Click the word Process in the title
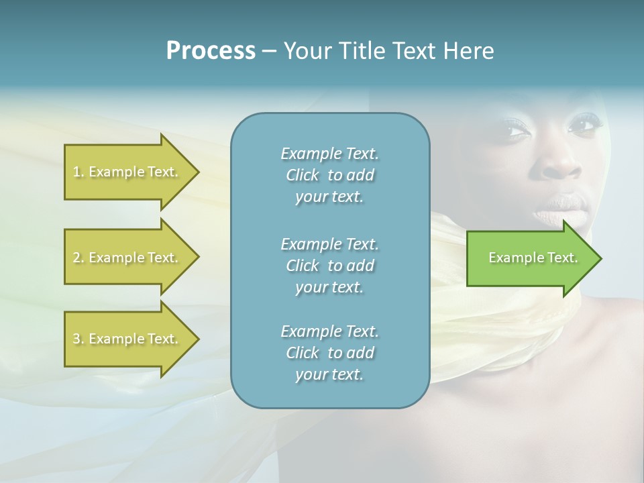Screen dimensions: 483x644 (211, 51)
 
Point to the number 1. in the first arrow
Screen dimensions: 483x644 (78, 172)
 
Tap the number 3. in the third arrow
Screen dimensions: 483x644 (78, 339)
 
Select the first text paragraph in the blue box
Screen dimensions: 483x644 (329, 175)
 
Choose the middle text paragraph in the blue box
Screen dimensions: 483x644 (329, 266)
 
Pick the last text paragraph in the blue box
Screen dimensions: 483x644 (329, 353)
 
